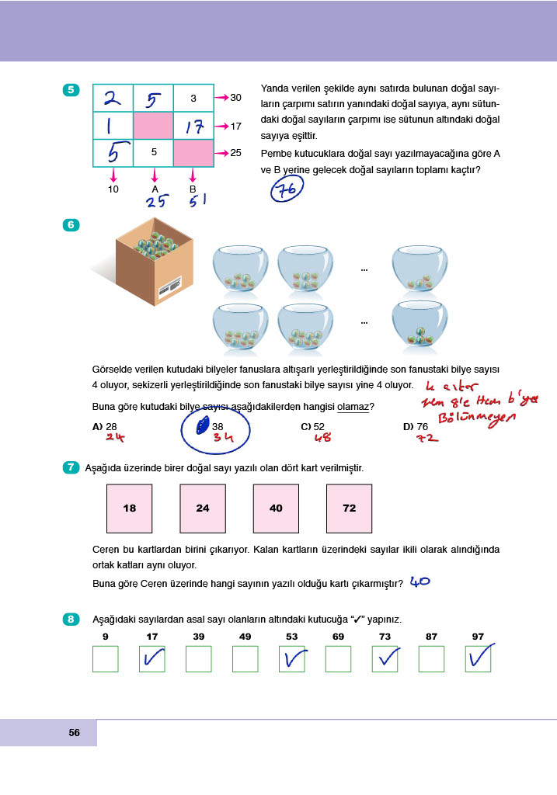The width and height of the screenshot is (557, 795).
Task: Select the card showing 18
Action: [x=129, y=508]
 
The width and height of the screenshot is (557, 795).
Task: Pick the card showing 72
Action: [x=349, y=508]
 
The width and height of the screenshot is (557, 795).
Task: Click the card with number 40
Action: [x=276, y=508]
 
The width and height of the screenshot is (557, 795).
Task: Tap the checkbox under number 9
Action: [x=105, y=659]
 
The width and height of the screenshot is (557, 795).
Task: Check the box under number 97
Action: [x=478, y=659]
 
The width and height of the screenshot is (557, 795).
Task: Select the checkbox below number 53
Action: [x=291, y=659]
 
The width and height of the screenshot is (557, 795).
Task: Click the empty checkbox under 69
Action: [x=338, y=659]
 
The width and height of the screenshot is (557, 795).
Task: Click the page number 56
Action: [x=75, y=733]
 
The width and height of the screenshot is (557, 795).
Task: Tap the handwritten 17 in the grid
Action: [x=193, y=127]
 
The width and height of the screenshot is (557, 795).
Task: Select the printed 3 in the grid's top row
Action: [x=193, y=99]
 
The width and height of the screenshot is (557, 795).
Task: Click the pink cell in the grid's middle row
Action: [x=153, y=126]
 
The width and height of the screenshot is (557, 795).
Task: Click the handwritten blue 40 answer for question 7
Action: [x=419, y=581]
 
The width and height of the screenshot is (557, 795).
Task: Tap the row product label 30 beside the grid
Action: [x=236, y=98]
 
